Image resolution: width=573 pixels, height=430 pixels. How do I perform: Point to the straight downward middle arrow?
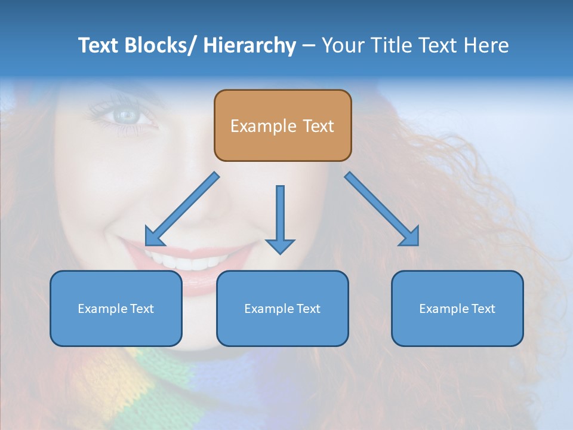pos(280,215)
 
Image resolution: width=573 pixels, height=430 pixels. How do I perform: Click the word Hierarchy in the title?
pos(249,45)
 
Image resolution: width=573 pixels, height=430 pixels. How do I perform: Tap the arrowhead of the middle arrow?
pos(280,245)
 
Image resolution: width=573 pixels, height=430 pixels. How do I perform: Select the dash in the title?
pos(309,45)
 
